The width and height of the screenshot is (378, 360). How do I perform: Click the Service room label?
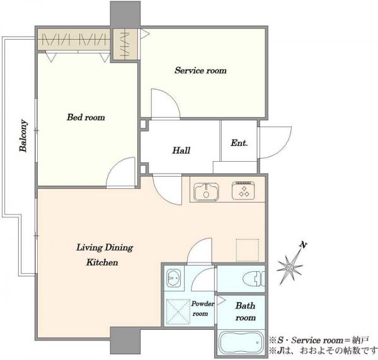200,70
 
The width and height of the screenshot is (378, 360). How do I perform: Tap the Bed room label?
86,117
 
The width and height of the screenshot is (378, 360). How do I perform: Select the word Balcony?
23,135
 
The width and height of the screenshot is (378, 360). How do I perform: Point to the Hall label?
181,150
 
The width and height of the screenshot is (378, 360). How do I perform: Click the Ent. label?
239,143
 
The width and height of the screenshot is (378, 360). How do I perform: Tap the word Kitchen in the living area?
102,262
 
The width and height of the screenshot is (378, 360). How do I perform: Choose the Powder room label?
202,309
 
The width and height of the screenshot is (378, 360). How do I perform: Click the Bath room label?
246,312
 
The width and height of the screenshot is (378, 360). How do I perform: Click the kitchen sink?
207,192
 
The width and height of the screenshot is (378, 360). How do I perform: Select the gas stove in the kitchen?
243,191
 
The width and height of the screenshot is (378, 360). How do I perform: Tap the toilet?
254,279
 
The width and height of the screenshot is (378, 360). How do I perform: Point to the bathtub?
241,342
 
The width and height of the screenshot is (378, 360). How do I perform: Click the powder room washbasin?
173,278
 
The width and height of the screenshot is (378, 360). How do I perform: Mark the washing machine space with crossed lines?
178,312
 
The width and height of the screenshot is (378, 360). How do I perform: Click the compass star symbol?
290,267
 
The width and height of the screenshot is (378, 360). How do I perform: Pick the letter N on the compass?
303,245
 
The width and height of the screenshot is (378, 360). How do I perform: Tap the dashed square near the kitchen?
248,250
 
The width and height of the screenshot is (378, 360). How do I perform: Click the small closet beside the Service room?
125,45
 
